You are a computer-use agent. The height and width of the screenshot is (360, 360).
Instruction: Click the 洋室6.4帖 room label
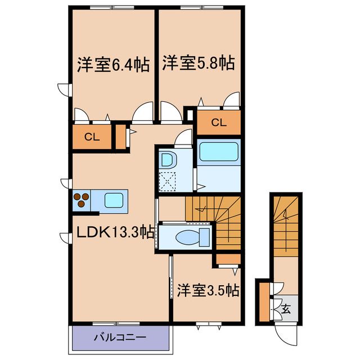(x=112, y=65)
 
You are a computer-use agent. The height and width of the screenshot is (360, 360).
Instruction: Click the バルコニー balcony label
(x=119, y=337)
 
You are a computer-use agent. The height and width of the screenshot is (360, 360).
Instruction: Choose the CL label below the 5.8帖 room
(x=219, y=122)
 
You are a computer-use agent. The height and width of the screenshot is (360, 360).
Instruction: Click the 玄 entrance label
(x=286, y=308)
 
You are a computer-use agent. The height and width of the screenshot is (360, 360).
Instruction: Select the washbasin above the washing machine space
(x=168, y=159)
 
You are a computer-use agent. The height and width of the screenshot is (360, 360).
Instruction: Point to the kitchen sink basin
(x=115, y=200)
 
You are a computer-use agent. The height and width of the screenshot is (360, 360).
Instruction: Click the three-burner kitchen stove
(x=82, y=200)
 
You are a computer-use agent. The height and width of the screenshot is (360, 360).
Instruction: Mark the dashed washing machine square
(x=168, y=181)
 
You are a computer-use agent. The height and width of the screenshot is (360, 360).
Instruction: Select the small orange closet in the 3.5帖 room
(x=228, y=259)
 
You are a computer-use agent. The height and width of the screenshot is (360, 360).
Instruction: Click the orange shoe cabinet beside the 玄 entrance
(x=263, y=303)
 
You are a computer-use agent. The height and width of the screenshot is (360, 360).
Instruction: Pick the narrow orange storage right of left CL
(x=120, y=137)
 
